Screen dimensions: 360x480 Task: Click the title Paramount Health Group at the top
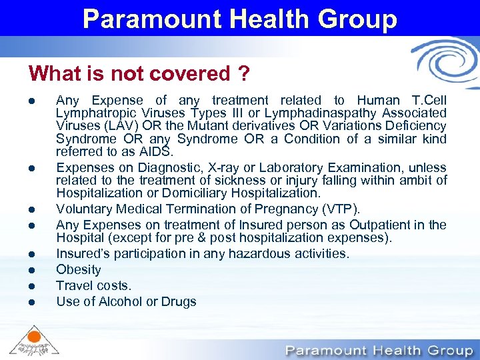pos(240,18)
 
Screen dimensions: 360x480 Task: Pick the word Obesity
pos(79,269)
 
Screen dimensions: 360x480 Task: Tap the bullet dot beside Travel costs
pos(32,286)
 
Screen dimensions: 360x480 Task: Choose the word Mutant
pos(203,126)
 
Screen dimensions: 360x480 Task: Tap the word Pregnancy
pos(298,209)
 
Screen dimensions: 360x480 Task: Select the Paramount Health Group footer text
pos(379,350)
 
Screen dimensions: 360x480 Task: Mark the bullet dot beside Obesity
pos(32,270)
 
